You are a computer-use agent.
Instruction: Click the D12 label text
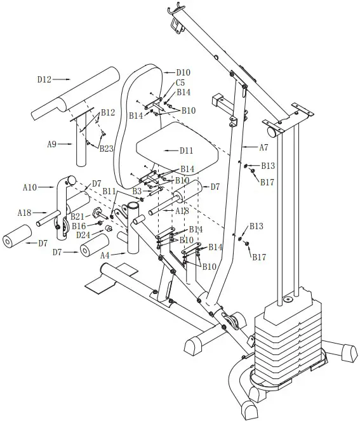click(44, 79)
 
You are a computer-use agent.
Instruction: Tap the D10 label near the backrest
click(183, 72)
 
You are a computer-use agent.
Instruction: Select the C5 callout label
click(180, 83)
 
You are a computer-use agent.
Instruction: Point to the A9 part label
click(53, 144)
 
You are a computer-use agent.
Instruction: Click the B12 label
click(107, 112)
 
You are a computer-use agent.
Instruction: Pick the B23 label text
click(106, 148)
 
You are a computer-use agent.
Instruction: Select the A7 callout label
click(263, 147)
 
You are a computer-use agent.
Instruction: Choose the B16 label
click(79, 225)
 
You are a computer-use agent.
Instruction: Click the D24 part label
click(83, 234)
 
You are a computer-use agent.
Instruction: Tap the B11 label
click(109, 190)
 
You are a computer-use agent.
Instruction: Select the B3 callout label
click(137, 190)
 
